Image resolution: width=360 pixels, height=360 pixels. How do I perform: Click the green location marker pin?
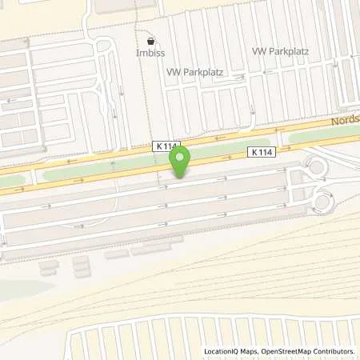[x=181, y=160]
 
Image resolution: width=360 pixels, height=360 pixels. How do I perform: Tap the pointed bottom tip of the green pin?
[x=181, y=177]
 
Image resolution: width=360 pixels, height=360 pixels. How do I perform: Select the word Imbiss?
[x=150, y=55]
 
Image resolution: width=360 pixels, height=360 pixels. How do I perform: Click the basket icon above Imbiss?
[x=150, y=40]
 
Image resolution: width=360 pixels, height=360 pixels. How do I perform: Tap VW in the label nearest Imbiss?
[x=173, y=71]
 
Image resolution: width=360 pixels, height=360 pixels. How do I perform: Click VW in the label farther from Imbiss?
[x=259, y=51]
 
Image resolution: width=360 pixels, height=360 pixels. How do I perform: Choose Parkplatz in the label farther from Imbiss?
[x=288, y=51]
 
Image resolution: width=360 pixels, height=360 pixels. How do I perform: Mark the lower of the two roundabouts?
[x=322, y=202]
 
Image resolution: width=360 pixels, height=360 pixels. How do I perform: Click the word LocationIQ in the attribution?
[x=224, y=351]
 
